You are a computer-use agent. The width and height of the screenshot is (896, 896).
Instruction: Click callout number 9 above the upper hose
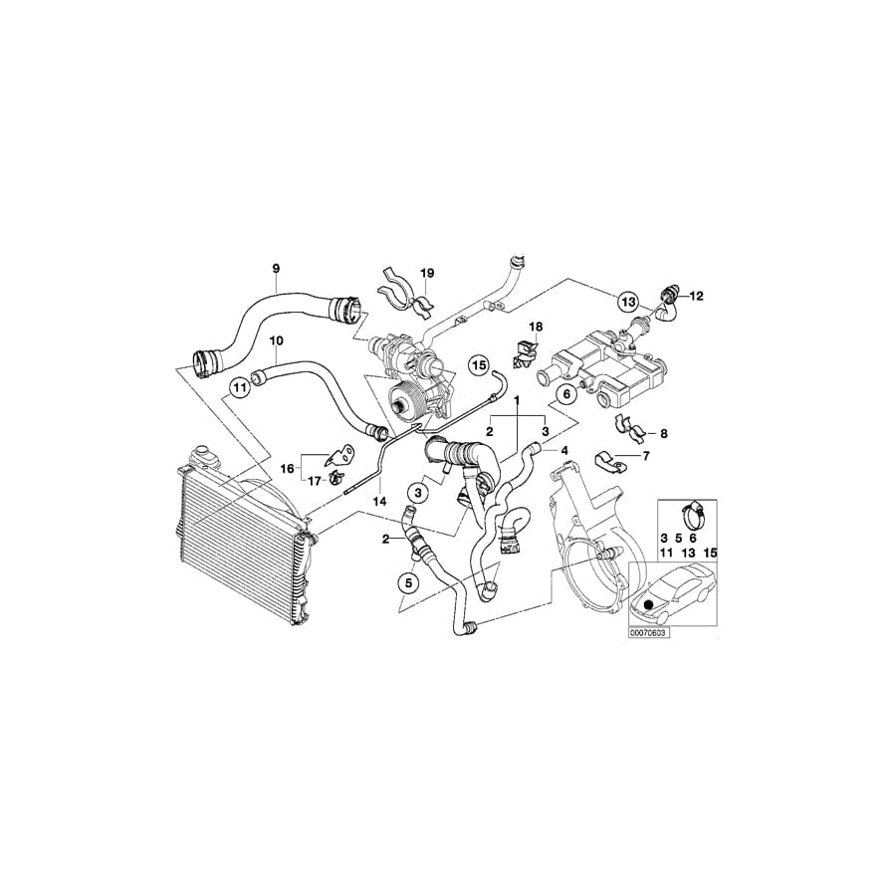coord(276,268)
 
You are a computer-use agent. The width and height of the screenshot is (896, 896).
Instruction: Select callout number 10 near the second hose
coord(276,339)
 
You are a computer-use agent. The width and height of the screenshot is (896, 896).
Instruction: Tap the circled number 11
coord(239,386)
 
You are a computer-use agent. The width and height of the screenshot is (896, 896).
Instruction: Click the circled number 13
coord(627,301)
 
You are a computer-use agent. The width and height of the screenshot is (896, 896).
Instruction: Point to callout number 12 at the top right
coord(695,296)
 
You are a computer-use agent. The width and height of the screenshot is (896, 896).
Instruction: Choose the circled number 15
coord(478,365)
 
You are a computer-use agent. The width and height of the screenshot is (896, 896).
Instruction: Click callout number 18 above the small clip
coord(536,327)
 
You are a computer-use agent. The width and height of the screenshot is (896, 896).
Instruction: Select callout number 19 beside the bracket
coord(427,273)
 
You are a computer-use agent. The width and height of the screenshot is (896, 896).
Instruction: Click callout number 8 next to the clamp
coord(664,433)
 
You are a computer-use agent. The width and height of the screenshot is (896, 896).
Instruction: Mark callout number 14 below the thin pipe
coord(378,503)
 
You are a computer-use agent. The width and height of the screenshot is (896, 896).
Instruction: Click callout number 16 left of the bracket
coord(288,466)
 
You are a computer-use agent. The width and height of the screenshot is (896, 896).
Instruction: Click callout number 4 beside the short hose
coord(564,451)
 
